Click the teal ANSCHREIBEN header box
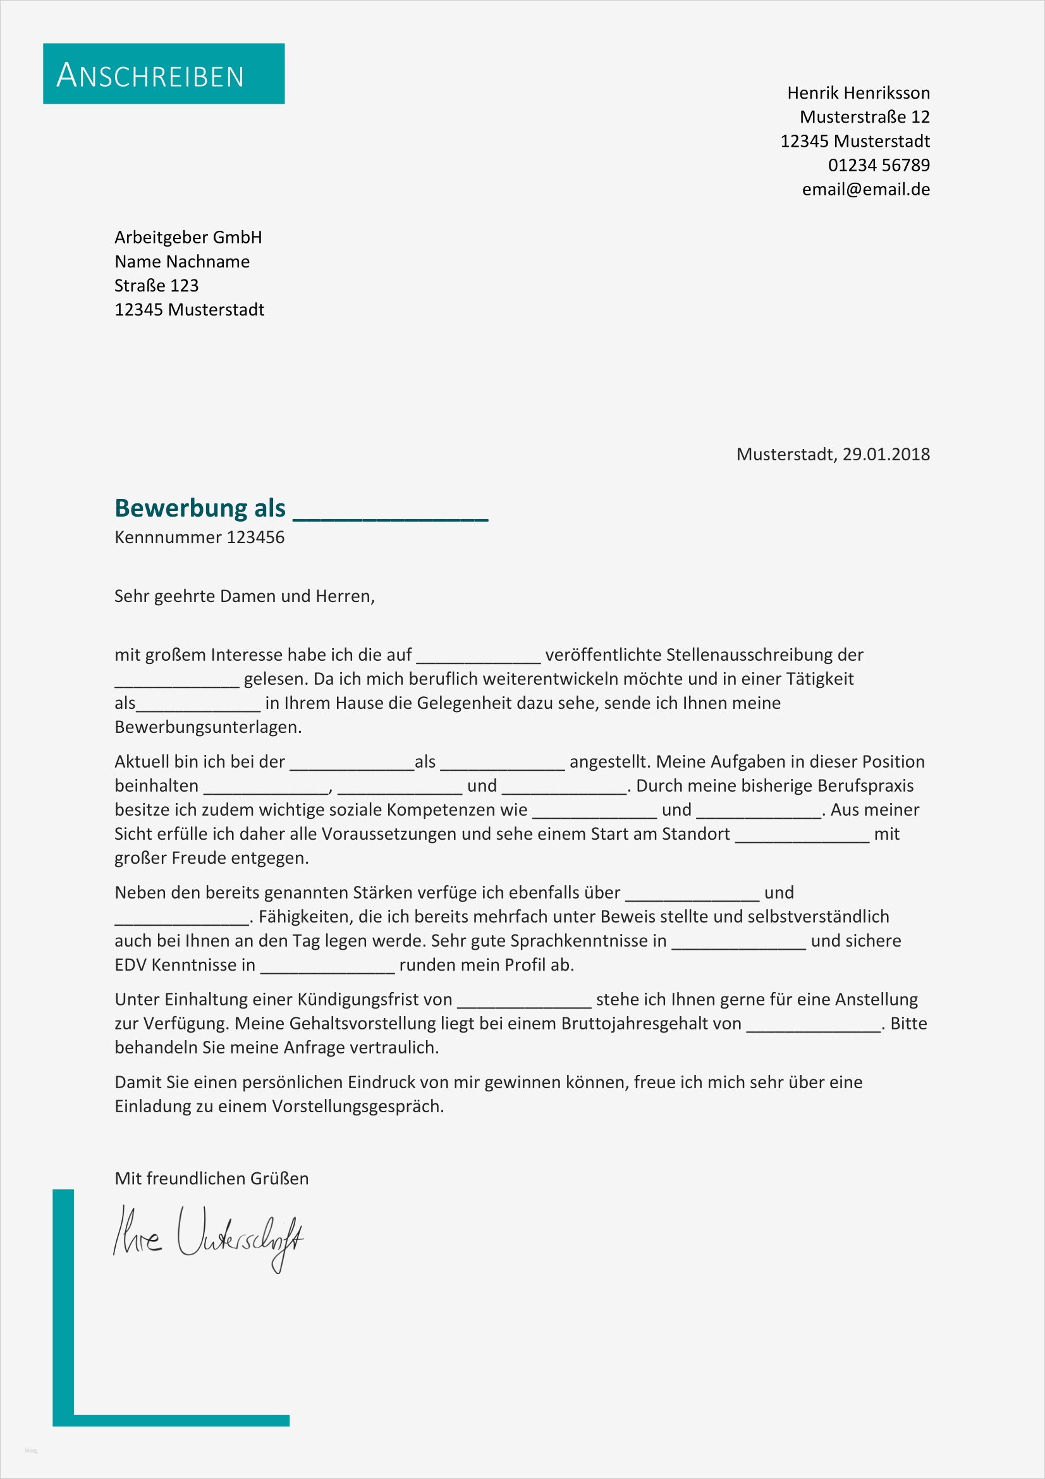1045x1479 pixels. pyautogui.click(x=164, y=73)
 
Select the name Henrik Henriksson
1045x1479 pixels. pyautogui.click(x=858, y=93)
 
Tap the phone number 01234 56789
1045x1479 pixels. pyautogui.click(x=878, y=165)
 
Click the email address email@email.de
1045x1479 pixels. pyautogui.click(x=865, y=190)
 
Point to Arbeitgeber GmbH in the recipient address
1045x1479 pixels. pyautogui.click(x=188, y=237)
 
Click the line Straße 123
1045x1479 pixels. pyautogui.click(x=156, y=285)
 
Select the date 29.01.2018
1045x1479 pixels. pyautogui.click(x=886, y=454)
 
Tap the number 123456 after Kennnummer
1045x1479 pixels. pyautogui.click(x=255, y=537)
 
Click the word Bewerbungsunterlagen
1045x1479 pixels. pyautogui.click(x=207, y=727)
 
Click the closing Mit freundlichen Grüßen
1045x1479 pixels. pyautogui.click(x=211, y=1178)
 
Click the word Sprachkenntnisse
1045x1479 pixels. pyautogui.click(x=588, y=940)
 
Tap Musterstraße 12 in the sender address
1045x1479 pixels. pyautogui.click(x=864, y=116)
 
